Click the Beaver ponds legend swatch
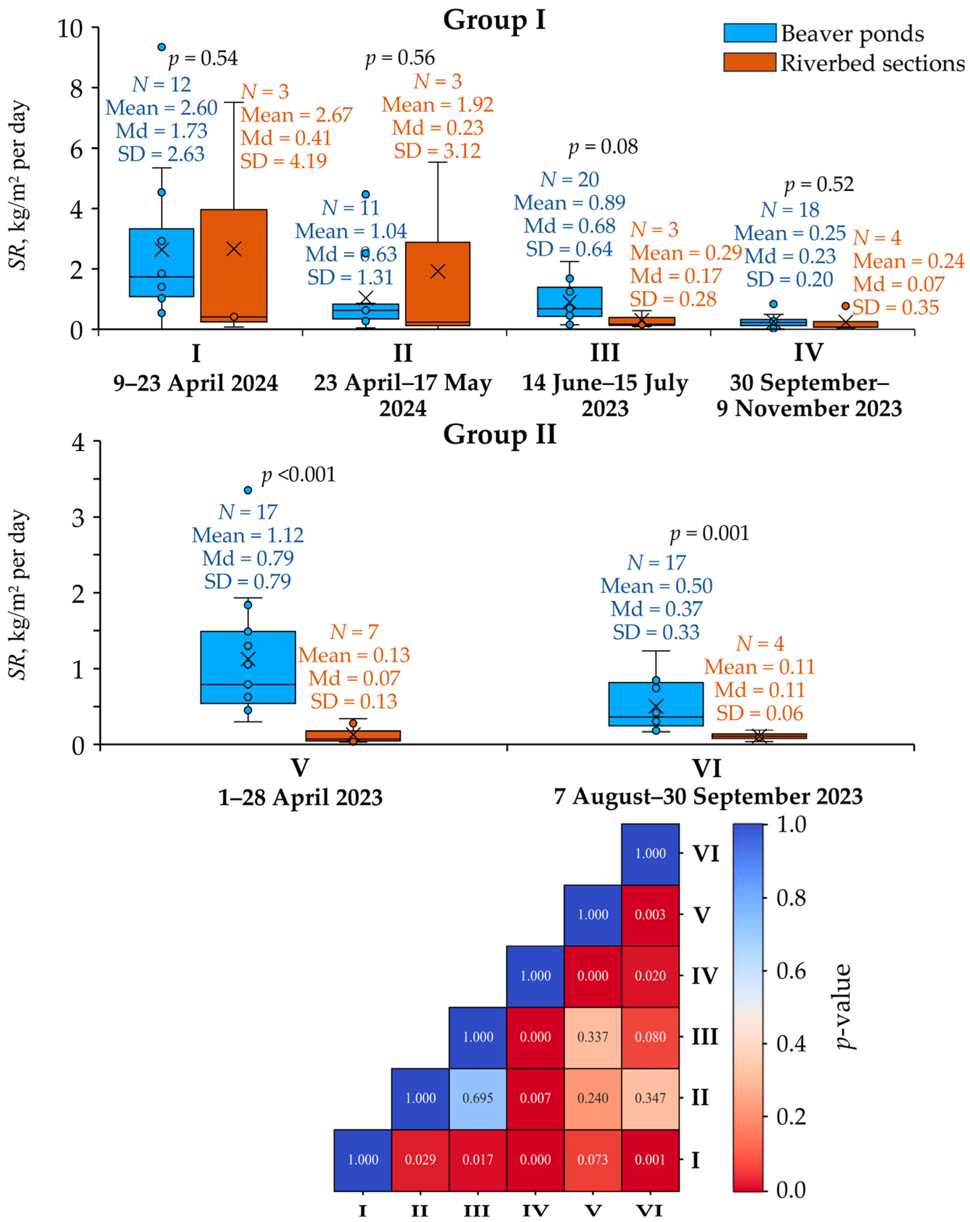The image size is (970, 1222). pyautogui.click(x=750, y=33)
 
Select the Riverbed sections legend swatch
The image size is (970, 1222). pyautogui.click(x=750, y=62)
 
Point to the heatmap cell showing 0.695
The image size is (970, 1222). pyautogui.click(x=477, y=1098)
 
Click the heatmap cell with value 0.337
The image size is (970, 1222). pyautogui.click(x=592, y=1037)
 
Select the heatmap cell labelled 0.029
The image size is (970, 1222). pyautogui.click(x=420, y=1160)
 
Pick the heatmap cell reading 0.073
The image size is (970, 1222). pyautogui.click(x=592, y=1160)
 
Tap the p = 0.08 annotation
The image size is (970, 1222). pyautogui.click(x=603, y=147)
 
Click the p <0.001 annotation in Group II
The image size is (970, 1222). pyautogui.click(x=298, y=474)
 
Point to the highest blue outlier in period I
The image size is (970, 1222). pyautogui.click(x=162, y=47)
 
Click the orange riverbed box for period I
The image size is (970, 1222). pyautogui.click(x=233, y=266)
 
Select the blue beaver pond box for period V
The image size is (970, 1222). pyautogui.click(x=248, y=667)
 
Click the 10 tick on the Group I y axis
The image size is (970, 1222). pyautogui.click(x=70, y=28)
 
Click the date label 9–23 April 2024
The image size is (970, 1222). pyautogui.click(x=196, y=383)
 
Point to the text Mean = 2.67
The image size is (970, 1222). pyautogui.click(x=297, y=115)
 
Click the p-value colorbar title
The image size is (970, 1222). pyautogui.click(x=844, y=1006)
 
